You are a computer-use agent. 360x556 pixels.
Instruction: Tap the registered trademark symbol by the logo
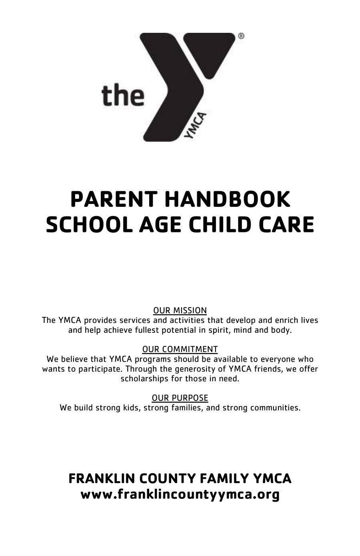[241, 36]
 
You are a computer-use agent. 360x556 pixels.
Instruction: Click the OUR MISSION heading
[180, 310]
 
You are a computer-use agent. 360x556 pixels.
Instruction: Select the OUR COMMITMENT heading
[180, 349]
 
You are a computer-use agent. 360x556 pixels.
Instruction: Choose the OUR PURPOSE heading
[180, 398]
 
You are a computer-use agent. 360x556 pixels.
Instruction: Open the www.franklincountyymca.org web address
[180, 495]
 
